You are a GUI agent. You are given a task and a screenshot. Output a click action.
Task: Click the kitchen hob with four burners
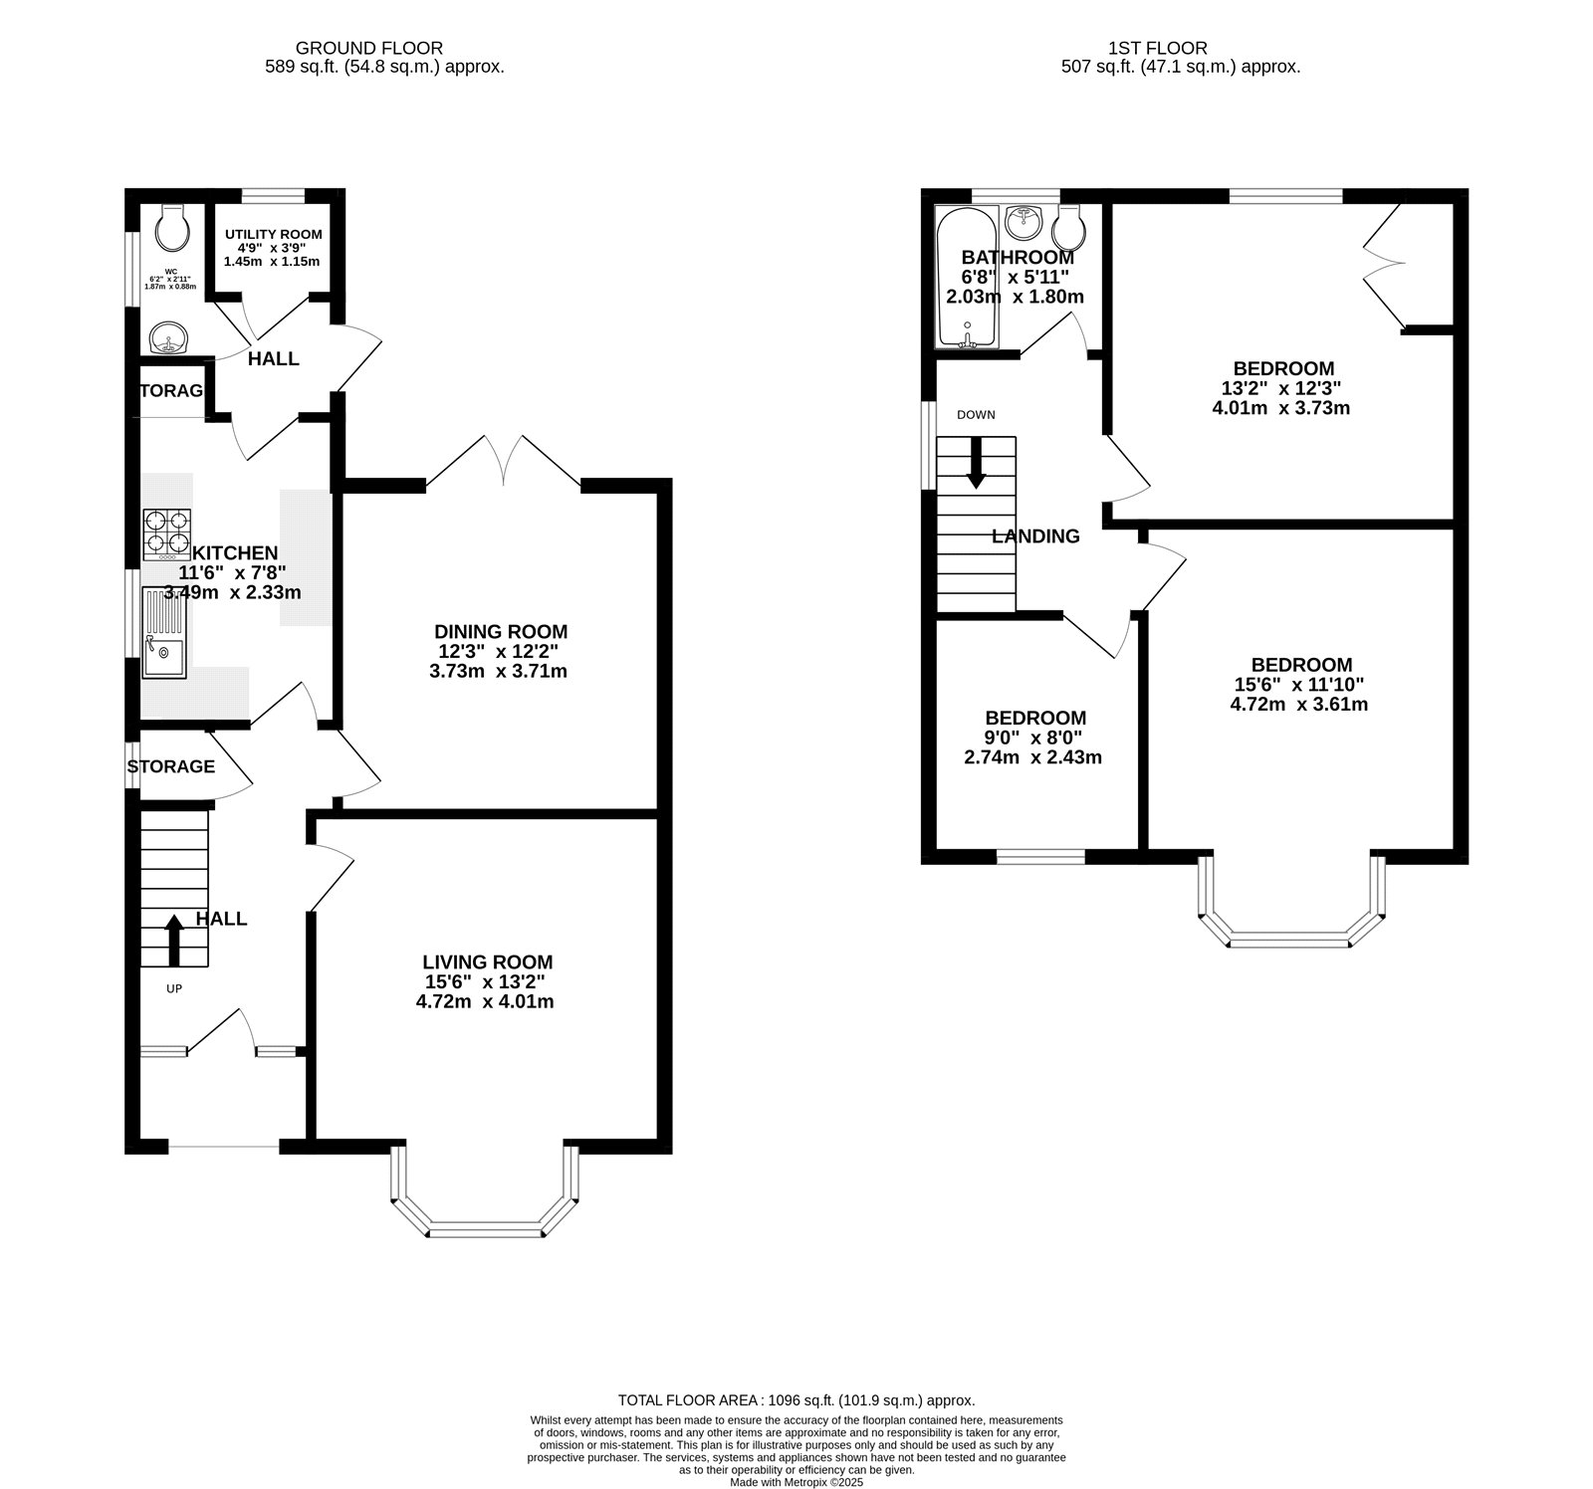tap(166, 532)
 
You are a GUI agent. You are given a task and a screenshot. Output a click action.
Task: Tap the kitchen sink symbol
tap(164, 633)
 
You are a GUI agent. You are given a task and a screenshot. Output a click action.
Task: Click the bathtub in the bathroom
tap(966, 279)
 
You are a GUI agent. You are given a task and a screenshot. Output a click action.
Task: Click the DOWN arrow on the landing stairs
tap(976, 464)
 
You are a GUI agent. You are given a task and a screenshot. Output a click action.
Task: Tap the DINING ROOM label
tap(501, 631)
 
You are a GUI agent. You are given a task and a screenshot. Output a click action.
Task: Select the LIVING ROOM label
tap(487, 961)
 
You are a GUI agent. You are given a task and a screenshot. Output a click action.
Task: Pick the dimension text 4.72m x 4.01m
tap(485, 1001)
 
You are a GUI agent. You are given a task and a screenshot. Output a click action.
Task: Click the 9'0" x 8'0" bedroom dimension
tap(1033, 738)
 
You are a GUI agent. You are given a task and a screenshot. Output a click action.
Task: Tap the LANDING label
tap(1035, 536)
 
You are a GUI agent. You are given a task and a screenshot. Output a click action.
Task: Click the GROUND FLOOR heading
tap(369, 48)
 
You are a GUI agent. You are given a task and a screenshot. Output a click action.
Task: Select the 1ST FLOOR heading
tap(1158, 48)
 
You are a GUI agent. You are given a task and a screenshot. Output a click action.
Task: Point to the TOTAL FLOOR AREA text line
tap(796, 1399)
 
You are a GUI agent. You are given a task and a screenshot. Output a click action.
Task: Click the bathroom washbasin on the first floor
tap(1024, 219)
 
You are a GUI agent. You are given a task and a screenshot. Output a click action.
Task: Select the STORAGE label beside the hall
tap(170, 766)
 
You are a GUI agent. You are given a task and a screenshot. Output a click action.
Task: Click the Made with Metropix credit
tap(796, 1482)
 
